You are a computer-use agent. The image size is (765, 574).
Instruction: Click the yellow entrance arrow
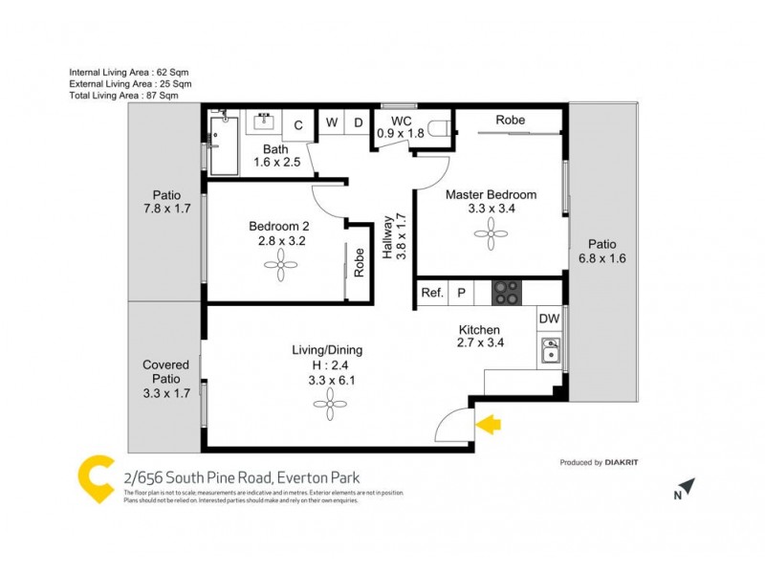coord(489,424)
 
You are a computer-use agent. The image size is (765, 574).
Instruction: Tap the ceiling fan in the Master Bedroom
coord(492,230)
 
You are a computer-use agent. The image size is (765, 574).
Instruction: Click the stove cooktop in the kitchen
coord(506,293)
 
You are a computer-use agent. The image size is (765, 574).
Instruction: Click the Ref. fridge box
coord(432,294)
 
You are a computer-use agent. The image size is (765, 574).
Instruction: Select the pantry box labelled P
coord(462,294)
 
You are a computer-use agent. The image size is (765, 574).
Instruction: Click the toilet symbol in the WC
coord(439,126)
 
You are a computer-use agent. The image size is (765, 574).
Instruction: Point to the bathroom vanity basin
coord(264,122)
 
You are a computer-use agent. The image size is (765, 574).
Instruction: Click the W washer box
coord(331,123)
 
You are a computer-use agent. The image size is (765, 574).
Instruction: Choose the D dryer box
coord(358,123)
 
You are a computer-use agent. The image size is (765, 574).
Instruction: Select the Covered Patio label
coord(165,378)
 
